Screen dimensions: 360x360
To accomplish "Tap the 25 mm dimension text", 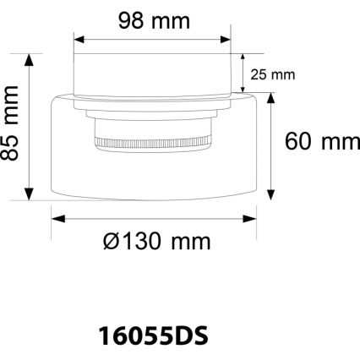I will pyautogui.click(x=272, y=74).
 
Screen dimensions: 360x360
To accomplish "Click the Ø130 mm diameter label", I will pyautogui.click(x=156, y=242).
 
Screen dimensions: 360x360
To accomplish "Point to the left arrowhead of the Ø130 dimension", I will pyautogui.click(x=57, y=218).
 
